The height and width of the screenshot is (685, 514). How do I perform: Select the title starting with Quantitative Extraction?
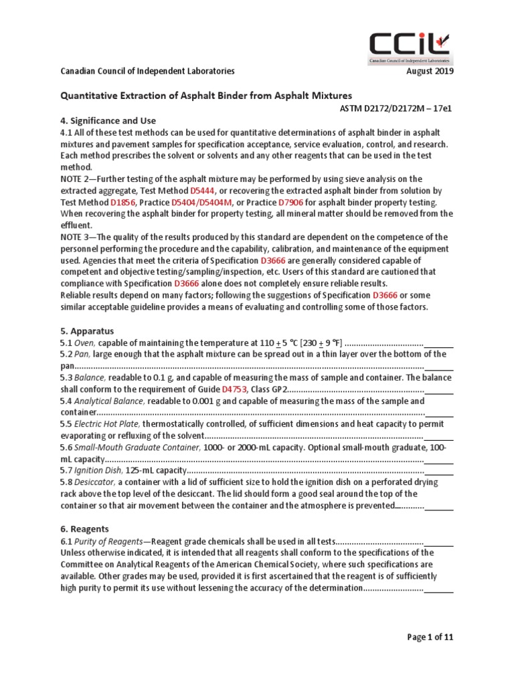click(206, 96)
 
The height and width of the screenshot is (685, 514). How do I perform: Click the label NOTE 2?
click(77, 179)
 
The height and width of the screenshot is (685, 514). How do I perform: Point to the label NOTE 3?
click(77, 237)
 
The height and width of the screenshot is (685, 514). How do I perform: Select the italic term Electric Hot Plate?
click(106, 424)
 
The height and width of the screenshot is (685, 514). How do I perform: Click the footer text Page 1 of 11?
click(430, 638)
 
